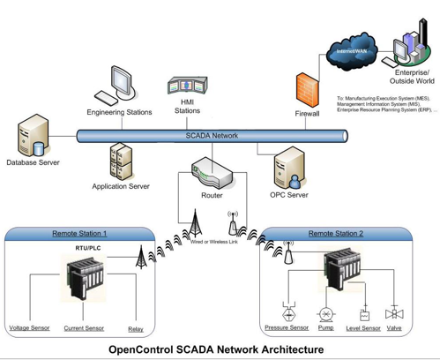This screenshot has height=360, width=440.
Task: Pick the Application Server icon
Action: point(121,162)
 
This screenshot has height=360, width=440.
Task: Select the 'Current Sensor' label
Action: point(85,328)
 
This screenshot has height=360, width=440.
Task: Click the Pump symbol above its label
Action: point(326,313)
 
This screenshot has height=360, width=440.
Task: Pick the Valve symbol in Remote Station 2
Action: point(394,313)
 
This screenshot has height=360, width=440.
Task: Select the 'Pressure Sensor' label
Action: point(287,328)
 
